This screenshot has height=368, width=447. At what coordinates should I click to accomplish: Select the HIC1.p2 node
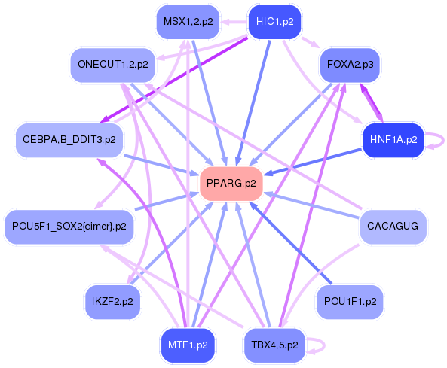click(x=274, y=22)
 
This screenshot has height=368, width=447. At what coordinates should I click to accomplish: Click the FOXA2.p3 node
click(x=350, y=65)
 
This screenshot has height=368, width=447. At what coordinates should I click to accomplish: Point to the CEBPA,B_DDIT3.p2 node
click(x=69, y=140)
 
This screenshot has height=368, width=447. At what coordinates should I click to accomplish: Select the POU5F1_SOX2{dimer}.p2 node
click(x=69, y=225)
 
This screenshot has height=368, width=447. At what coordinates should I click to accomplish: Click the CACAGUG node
click(x=392, y=225)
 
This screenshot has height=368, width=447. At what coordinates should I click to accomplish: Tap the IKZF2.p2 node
click(x=112, y=300)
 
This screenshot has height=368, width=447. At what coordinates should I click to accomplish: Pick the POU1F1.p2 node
click(x=350, y=300)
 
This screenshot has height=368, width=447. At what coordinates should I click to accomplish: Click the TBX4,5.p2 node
click(x=274, y=345)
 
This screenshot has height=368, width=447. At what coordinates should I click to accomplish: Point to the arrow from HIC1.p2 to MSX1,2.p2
click(x=234, y=22)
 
